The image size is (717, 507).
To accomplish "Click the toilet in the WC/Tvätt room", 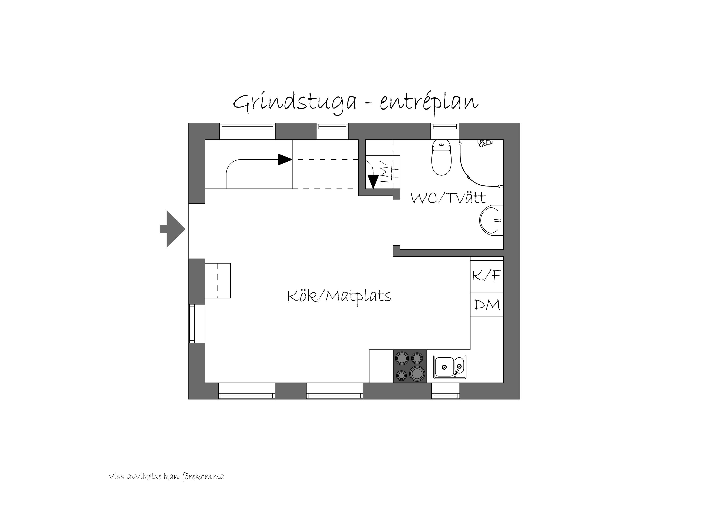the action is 441,157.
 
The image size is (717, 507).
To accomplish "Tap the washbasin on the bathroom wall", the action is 491,220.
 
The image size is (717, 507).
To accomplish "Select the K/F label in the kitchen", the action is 486,276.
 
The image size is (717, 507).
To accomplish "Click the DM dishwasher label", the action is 487,304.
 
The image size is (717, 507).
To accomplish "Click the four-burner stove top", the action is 410,366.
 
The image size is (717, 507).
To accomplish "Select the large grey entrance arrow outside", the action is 172,229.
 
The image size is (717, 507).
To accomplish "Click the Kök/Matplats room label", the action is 339,296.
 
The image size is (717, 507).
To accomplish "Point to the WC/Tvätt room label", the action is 448,198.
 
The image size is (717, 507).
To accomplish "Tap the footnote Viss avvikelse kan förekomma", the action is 166,477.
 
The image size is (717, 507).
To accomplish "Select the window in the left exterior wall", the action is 192,323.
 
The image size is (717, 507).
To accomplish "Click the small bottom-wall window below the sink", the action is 446,395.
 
